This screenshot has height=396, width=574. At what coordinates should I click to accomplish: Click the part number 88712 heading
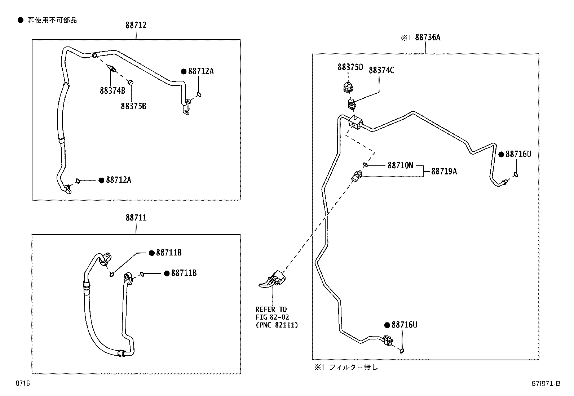pos(136,25)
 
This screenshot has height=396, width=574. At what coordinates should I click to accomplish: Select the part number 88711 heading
pos(136,218)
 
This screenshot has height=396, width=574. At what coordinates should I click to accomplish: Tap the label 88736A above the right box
pos(428,37)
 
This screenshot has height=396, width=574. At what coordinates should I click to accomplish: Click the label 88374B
pos(112,90)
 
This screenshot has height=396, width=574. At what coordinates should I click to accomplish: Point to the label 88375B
pos(133,106)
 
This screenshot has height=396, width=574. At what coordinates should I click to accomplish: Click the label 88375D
pos(350,67)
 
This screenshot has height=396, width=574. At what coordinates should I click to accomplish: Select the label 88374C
pos(381,70)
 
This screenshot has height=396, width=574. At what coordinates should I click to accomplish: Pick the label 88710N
pos(400,165)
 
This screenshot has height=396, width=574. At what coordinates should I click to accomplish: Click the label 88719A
pos(444,172)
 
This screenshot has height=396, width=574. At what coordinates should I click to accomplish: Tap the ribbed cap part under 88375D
pos(348,87)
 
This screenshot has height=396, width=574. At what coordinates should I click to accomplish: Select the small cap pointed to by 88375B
pos(131,83)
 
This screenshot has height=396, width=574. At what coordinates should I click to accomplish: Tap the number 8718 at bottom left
pos(22,383)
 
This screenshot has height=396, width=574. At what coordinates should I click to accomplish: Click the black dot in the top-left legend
pos(21,21)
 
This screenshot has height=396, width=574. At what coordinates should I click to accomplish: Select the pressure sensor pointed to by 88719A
pos(357,177)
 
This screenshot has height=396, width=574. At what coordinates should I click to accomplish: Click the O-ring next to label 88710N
pos(366,165)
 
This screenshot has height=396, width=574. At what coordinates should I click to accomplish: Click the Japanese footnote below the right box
pos(346,367)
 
